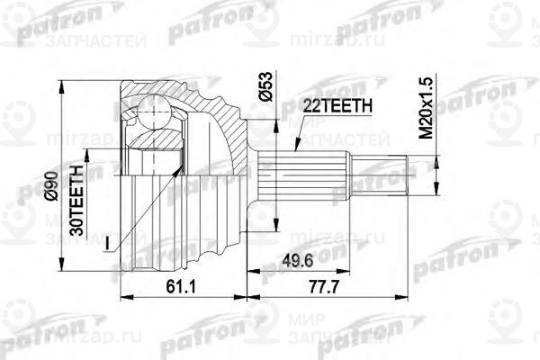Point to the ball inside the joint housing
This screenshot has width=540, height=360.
click(x=151, y=116)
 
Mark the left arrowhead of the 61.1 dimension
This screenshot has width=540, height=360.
click(x=124, y=294)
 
